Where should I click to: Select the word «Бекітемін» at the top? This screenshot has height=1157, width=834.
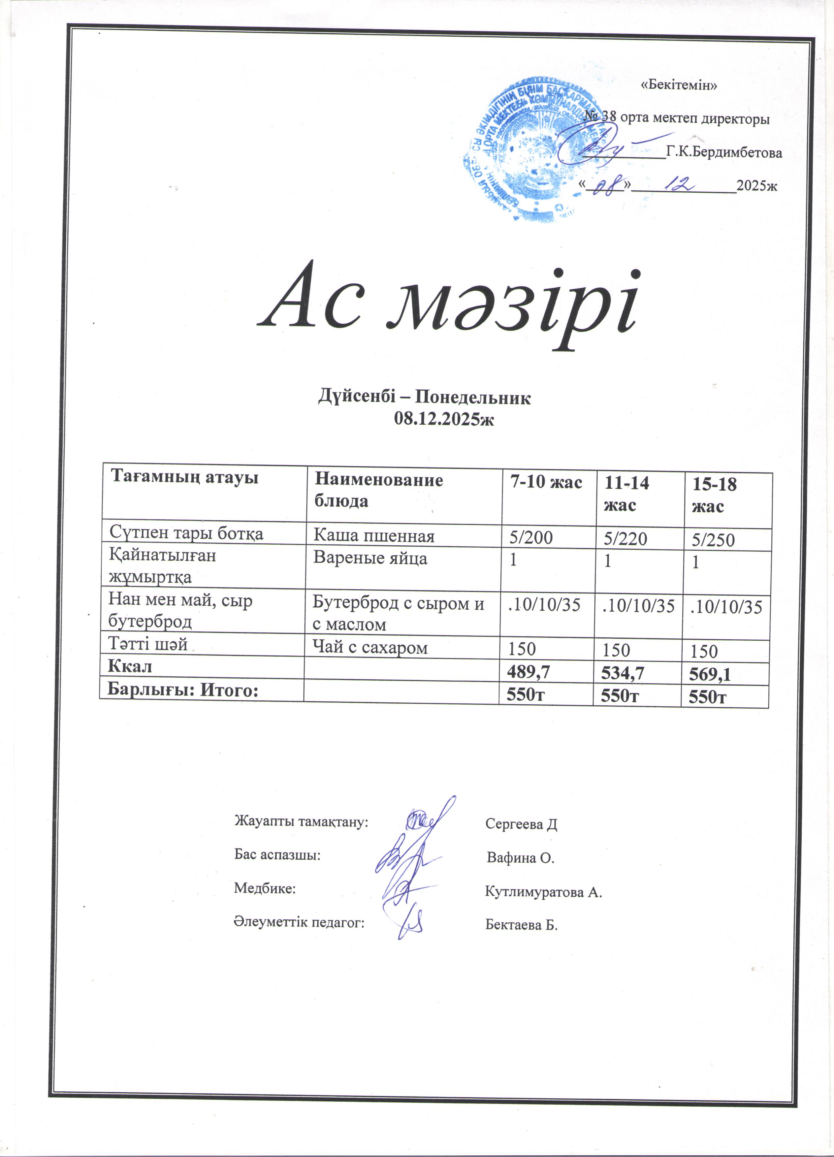678,85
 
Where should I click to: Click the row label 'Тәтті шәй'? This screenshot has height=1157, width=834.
147,644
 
